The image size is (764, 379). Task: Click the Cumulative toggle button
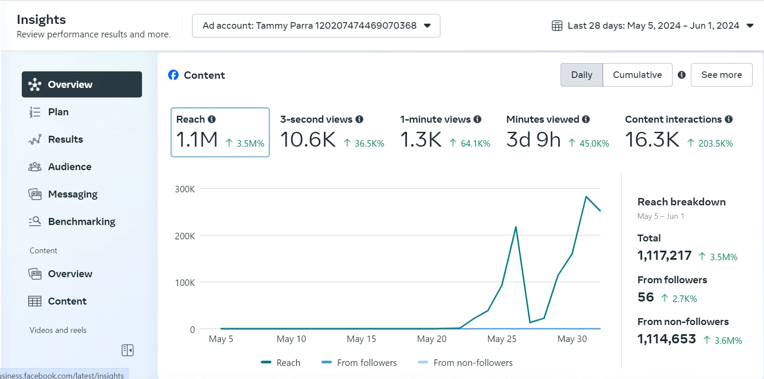637,75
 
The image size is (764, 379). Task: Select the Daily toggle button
581,75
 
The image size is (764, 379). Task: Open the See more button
721,75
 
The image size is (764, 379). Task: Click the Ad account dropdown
316,26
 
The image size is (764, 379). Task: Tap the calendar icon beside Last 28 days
557,26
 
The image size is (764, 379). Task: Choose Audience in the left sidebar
69,167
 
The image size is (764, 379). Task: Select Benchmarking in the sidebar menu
81,221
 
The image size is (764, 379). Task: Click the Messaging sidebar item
72,194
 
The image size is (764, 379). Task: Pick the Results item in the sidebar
65,139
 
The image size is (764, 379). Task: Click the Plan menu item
58,112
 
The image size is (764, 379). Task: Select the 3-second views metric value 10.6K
308,140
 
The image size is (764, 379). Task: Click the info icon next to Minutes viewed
586,119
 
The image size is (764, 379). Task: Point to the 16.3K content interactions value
652,140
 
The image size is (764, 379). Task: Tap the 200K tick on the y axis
185,236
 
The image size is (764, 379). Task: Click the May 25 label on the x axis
502,339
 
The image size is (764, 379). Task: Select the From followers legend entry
366,362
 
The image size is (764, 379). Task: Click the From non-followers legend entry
473,362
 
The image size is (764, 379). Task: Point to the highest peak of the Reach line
586,197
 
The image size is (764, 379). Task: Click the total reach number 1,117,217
664,255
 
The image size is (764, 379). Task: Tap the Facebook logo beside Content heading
173,75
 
